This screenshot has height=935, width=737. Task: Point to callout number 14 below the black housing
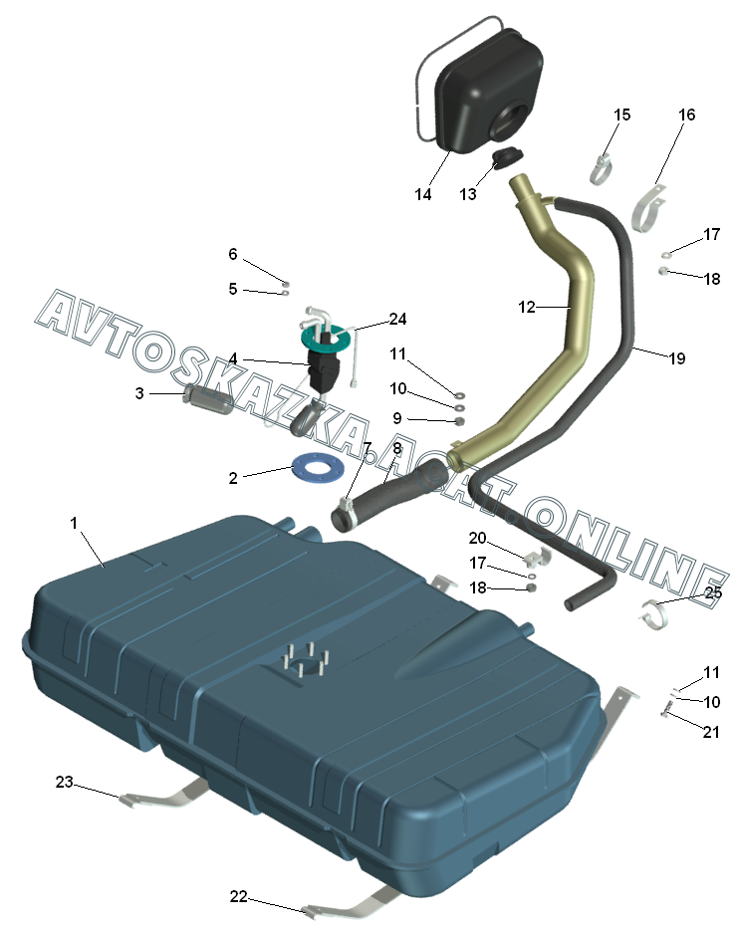[423, 194]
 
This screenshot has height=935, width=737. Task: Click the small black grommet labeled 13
[509, 158]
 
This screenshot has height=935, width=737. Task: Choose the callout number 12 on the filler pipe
[527, 308]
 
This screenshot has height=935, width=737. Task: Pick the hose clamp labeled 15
[601, 170]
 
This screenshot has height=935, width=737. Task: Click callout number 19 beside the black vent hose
[677, 358]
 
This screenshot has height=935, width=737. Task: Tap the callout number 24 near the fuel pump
[398, 319]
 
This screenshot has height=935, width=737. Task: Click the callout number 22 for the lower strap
[238, 896]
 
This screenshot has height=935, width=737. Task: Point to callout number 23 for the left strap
[65, 783]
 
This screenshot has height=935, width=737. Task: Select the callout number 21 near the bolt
[710, 732]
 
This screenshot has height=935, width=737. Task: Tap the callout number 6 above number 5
[233, 254]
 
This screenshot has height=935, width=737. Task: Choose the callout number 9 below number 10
[396, 417]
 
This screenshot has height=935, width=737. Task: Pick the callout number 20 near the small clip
[477, 538]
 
